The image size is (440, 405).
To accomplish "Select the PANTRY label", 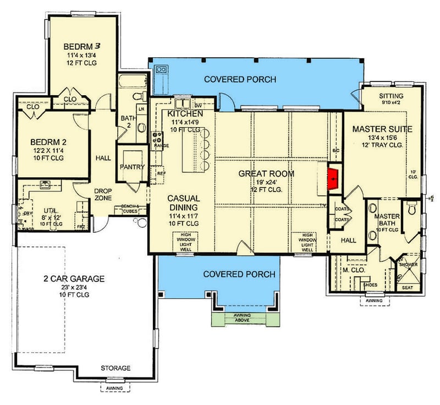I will (132, 167).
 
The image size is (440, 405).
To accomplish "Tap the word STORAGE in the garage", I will (115, 368).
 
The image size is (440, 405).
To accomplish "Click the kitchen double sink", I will (182, 103).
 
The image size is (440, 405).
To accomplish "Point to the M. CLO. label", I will (350, 270).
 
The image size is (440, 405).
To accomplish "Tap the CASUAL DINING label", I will (184, 204).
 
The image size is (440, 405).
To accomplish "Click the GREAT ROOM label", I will (266, 174).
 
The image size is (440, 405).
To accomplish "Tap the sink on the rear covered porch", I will (162, 69).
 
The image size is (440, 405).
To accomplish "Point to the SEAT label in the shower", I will (408, 287).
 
